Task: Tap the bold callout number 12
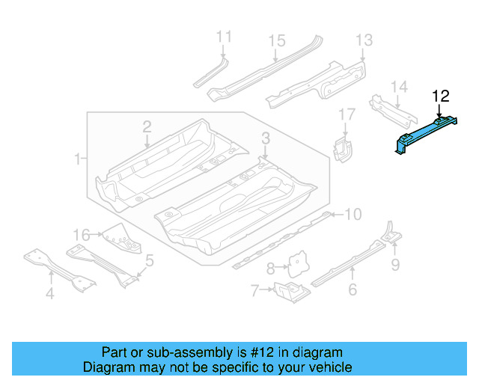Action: coord(441,96)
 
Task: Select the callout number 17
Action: coord(346,114)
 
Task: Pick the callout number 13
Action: coord(364,40)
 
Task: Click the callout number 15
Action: coord(277,40)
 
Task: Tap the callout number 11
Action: coord(224,37)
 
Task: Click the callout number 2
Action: coord(147,126)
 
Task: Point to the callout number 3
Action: coord(265,137)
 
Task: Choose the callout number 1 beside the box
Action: coord(77,159)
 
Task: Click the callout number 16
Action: coord(82,234)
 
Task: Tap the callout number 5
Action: coord(150,260)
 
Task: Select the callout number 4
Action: coord(49,294)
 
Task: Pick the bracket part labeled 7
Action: coord(290,291)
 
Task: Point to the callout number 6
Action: coord(353,290)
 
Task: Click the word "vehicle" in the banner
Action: coord(328,367)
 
